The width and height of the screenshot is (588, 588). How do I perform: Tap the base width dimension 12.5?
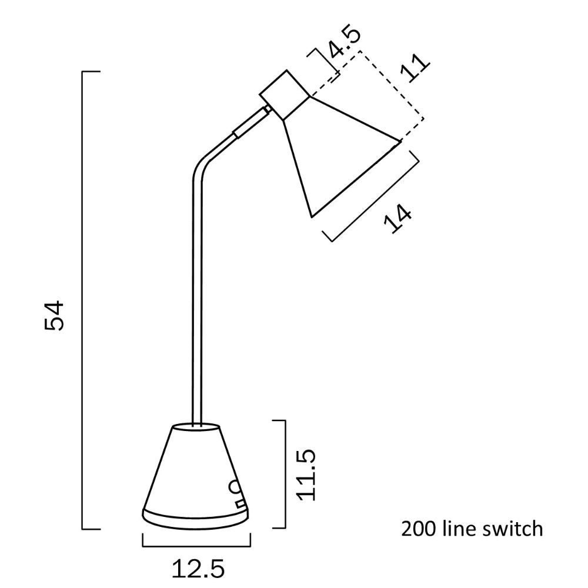pos(198,569)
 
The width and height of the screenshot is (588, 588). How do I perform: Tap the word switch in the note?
pos(516,529)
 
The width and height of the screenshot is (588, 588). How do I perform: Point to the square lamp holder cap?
pos(285,94)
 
